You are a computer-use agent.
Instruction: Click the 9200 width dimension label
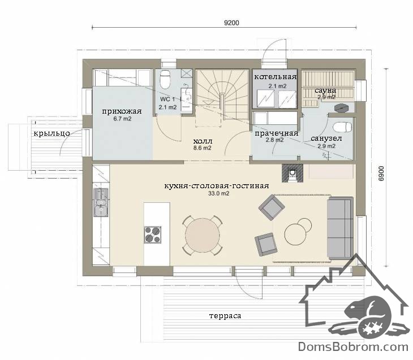pos(231,23)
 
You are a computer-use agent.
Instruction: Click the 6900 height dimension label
pos(381,174)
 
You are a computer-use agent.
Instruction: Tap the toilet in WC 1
pos(165,79)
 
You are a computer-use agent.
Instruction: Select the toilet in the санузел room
pos(342,127)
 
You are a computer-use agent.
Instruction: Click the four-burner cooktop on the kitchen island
pos(153,235)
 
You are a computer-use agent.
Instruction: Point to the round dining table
pos(203,236)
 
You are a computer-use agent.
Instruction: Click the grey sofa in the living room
pos(340,228)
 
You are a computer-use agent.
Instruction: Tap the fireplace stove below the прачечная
pos(292,173)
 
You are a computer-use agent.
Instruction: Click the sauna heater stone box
pos(341,108)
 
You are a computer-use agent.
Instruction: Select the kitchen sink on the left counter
pos(101,203)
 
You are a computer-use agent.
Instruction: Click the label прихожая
pos(122,111)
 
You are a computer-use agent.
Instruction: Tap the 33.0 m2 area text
pos(218,193)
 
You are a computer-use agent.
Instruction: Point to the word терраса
pos(225,316)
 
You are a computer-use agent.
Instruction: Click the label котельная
pos(276,77)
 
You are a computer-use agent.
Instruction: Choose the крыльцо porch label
pos(51,134)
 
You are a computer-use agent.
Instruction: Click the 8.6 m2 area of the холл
pos(203,148)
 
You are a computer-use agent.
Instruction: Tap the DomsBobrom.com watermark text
pos(353,346)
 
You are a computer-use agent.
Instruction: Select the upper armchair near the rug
pos(272,207)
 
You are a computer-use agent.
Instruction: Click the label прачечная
pos(276,133)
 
